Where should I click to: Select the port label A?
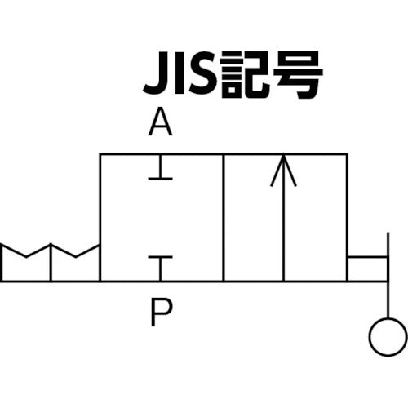162,125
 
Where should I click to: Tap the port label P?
161,312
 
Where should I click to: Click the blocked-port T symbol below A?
162,171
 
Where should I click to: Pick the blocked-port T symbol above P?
162,264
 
